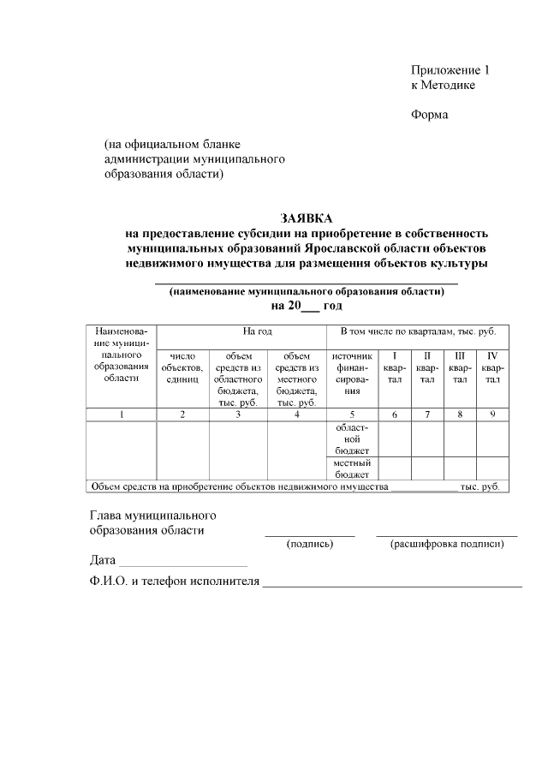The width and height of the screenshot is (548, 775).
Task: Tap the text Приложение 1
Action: click(450, 70)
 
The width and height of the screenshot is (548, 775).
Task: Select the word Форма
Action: click(429, 115)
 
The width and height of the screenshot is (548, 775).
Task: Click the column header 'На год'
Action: click(257, 331)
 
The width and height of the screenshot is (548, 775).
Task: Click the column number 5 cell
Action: click(351, 414)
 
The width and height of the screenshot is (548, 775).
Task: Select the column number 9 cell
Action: click(492, 414)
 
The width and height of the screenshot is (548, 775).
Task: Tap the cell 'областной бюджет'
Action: click(351, 438)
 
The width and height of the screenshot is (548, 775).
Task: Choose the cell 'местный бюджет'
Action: click(351, 468)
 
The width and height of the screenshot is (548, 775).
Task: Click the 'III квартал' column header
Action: click(460, 367)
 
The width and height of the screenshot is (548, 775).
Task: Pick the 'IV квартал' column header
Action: click(492, 367)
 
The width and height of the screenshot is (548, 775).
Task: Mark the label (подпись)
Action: click(310, 544)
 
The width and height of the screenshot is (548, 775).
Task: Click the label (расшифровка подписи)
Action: click(446, 544)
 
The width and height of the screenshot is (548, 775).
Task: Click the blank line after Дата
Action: click(182, 564)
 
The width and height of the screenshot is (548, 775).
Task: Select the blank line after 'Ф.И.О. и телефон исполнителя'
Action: click(392, 585)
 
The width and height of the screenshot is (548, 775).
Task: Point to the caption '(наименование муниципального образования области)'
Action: click(307, 291)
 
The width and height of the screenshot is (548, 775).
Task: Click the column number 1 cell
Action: click(122, 414)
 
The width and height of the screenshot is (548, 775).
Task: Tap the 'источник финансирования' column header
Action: click(351, 373)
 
